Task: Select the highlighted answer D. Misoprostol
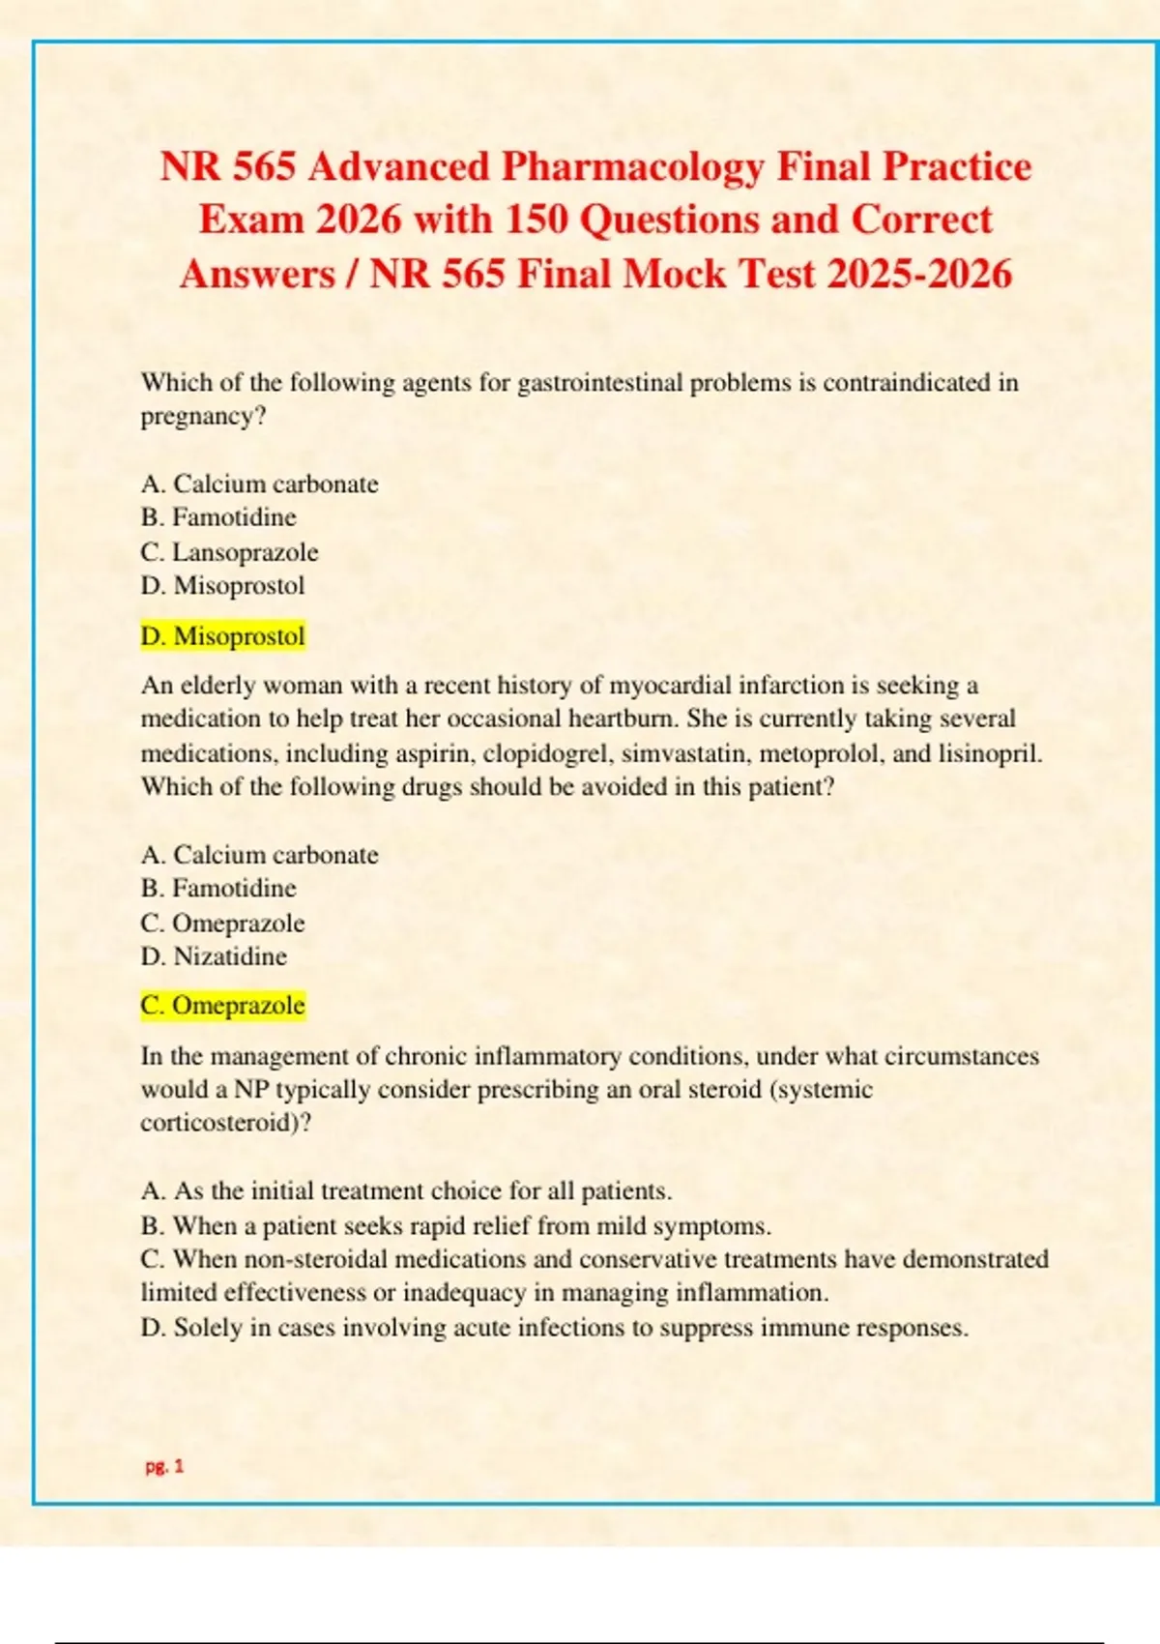coord(222,636)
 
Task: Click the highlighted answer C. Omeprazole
coord(222,1006)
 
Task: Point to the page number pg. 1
coord(164,1466)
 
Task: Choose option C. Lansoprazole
coord(229,552)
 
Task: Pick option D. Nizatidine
coord(214,956)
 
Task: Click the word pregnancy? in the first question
coord(203,417)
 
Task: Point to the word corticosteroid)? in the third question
coord(226,1123)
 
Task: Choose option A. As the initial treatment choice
coord(406,1190)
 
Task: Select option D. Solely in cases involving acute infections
coord(554,1328)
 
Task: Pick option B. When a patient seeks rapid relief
coord(455,1226)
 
